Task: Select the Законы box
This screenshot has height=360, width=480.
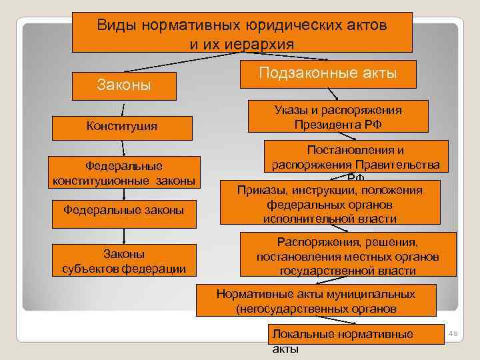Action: click(x=124, y=85)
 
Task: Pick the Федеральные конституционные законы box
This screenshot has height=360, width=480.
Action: click(x=125, y=173)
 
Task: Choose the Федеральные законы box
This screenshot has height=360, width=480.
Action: click(x=124, y=211)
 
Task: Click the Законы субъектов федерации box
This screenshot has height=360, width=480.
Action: click(x=124, y=261)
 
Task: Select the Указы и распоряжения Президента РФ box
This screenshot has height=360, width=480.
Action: click(x=337, y=117)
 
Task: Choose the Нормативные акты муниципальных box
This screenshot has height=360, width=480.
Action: click(x=316, y=301)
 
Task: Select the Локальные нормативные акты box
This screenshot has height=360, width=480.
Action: click(x=356, y=335)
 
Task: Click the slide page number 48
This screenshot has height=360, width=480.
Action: click(x=455, y=333)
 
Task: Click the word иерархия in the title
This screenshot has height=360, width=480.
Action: click(x=263, y=43)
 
